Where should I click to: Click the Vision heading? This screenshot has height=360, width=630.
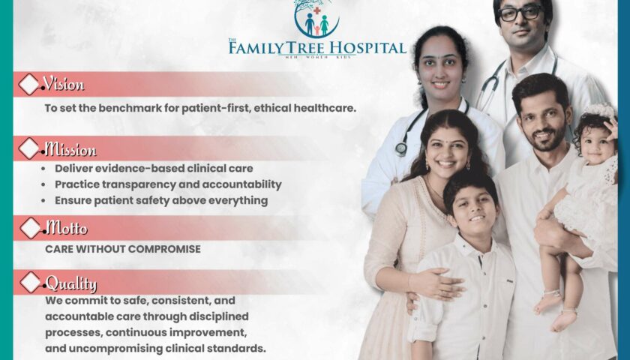point(64,83)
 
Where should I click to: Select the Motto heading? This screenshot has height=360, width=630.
point(66,228)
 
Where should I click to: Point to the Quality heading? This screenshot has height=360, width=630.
point(71,283)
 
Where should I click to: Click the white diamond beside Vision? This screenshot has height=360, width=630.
point(29,84)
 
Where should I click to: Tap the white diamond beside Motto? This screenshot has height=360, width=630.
point(31,228)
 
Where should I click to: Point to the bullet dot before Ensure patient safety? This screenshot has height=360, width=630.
point(43,201)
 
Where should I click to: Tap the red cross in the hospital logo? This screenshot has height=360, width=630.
point(317,10)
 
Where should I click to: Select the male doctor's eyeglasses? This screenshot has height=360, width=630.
point(520,13)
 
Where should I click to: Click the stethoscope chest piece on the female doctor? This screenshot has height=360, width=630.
point(401,149)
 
